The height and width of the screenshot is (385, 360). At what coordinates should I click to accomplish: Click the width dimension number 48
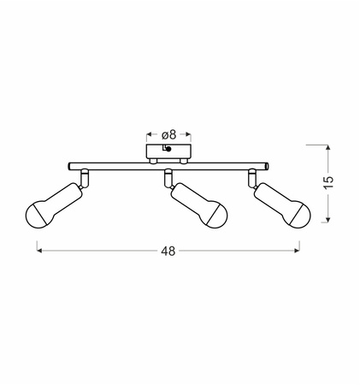(x=168, y=252)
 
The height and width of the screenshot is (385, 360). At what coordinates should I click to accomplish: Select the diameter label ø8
(x=168, y=133)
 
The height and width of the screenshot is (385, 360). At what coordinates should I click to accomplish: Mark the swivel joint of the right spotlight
(x=251, y=177)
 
